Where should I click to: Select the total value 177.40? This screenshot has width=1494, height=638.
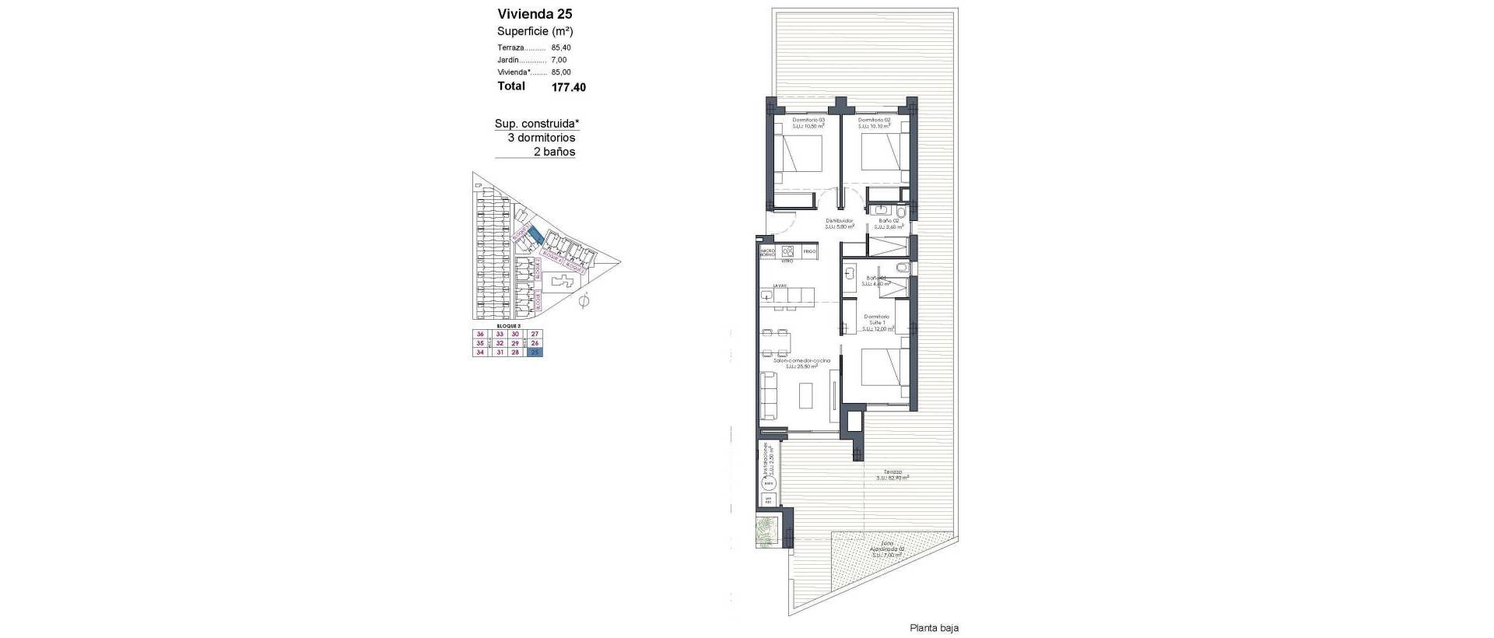point(568,88)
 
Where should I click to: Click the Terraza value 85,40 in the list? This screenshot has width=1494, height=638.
point(560,47)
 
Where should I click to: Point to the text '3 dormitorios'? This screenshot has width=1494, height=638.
point(541,138)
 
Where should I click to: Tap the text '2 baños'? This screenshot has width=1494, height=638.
point(554,152)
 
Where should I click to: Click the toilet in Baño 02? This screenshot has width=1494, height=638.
point(901,212)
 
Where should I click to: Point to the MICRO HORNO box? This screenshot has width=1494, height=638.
point(767,252)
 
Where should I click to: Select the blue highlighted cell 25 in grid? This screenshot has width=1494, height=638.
point(535,352)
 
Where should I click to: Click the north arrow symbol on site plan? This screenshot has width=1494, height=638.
point(585,302)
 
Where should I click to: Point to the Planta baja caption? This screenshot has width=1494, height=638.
point(934,627)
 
